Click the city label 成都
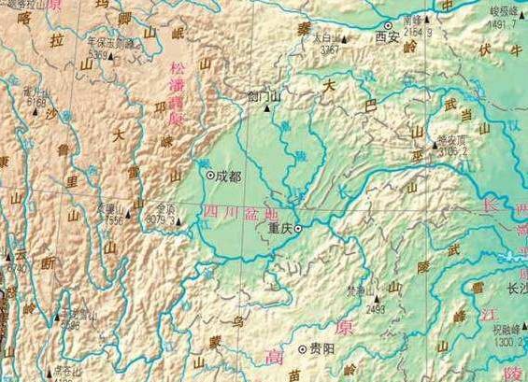[x=227, y=175]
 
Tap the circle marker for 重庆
[x=298, y=228]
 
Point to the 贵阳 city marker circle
[x=302, y=349]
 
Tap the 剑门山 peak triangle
[x=266, y=108]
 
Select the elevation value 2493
[x=376, y=308]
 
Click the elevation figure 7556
[x=114, y=221]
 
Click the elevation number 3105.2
[x=452, y=147]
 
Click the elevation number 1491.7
[x=503, y=23]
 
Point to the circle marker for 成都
[x=209, y=175]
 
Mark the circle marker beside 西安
[x=388, y=26]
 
